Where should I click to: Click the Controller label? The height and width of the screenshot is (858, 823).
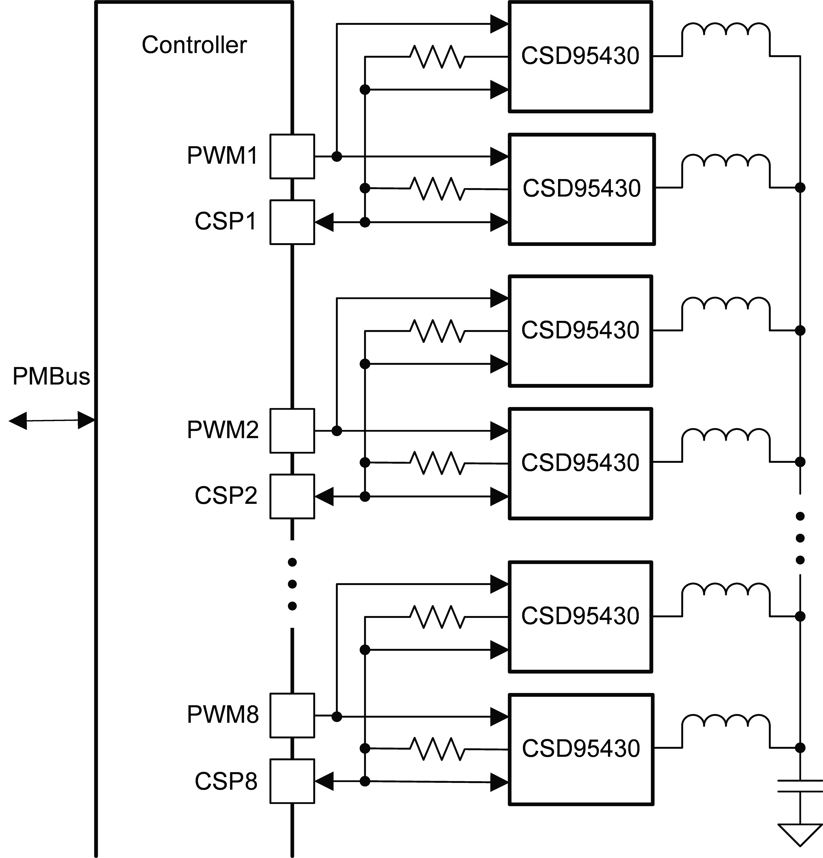[x=194, y=45]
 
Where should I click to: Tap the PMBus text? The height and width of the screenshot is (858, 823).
[x=51, y=376]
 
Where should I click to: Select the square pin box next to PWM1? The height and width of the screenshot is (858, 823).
[x=292, y=156]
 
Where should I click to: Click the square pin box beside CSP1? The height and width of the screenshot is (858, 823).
[x=292, y=222]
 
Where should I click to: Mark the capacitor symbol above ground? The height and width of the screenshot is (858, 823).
[x=800, y=786]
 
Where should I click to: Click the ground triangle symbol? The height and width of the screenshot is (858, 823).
[x=800, y=834]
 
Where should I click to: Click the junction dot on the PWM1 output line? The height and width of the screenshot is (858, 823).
[x=336, y=156]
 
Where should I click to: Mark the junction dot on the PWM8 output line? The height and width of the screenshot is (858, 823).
[x=336, y=716]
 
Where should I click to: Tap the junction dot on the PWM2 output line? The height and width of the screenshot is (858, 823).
[x=336, y=431]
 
